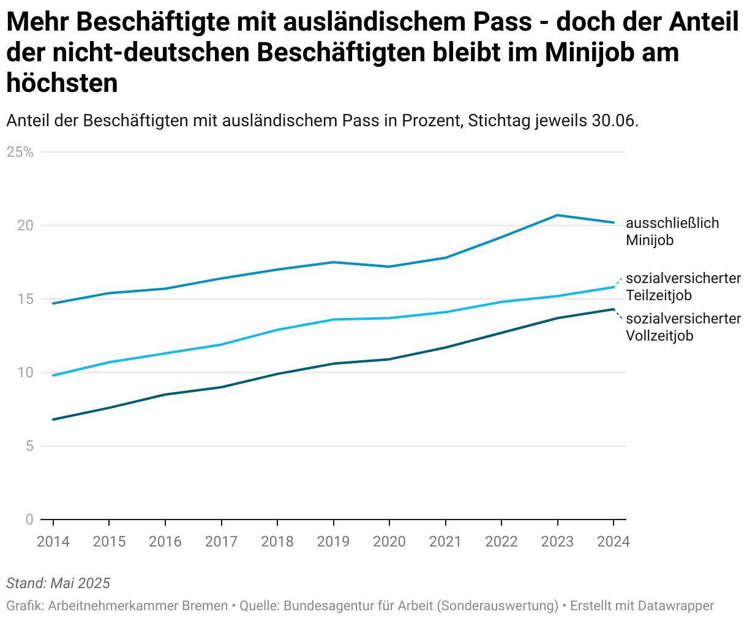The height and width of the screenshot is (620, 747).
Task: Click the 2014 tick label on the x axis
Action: coord(53,542)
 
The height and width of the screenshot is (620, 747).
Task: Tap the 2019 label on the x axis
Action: coord(333,542)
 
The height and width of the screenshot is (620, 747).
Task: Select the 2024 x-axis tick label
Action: coord(613,542)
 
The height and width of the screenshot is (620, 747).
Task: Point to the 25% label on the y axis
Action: coord(20,152)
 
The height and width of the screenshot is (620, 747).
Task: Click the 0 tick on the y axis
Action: coord(29,520)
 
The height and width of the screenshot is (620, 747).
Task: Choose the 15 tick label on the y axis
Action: coord(24,299)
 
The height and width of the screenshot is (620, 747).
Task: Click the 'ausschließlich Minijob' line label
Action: coord(672,232)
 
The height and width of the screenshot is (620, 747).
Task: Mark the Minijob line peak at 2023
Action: coord(557,215)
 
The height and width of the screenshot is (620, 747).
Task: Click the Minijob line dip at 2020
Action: coord(389,267)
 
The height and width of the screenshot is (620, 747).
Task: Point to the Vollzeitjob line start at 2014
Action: coord(53,420)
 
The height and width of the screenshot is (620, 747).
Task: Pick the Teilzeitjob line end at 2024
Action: coord(613,287)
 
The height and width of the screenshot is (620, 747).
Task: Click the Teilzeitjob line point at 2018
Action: coord(277,330)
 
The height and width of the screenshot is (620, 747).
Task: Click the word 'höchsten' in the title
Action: coord(62,83)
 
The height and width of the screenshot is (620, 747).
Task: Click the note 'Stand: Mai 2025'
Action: coord(58,583)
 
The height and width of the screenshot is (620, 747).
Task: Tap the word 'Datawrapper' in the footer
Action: coord(675,606)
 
